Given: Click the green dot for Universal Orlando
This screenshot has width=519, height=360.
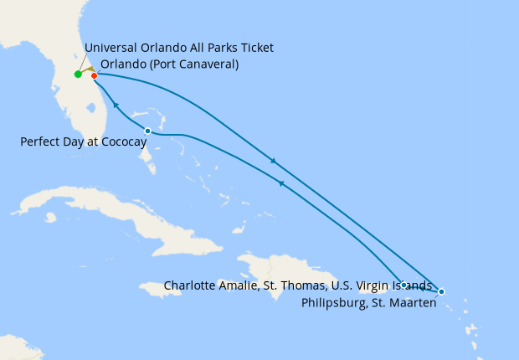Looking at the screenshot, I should (x=78, y=75).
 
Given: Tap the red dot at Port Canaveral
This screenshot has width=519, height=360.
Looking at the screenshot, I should (x=95, y=76).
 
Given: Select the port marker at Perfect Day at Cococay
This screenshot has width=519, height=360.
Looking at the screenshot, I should (x=147, y=131).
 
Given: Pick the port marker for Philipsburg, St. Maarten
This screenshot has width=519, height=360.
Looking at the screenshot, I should (x=441, y=291).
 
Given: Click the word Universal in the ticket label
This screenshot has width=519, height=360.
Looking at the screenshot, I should (x=112, y=48).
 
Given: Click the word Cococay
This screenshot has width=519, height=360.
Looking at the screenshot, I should (x=124, y=142).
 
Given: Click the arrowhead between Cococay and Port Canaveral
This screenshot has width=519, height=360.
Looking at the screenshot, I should (x=116, y=105).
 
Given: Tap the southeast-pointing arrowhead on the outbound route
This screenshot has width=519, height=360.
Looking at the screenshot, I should (x=273, y=161).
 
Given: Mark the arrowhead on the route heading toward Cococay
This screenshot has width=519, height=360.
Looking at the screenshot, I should (x=280, y=183).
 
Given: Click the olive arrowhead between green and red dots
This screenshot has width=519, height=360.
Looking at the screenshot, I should (x=88, y=71).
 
